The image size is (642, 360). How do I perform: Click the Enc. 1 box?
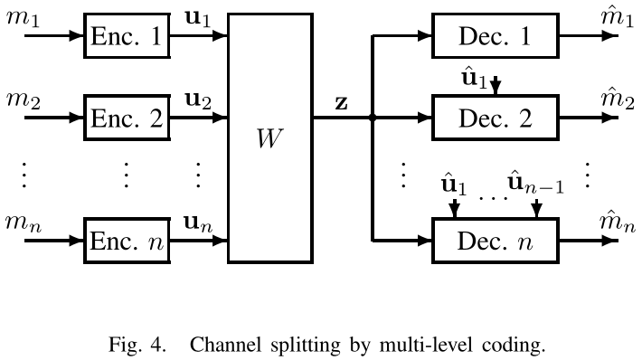127,37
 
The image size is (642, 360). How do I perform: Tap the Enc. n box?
127,241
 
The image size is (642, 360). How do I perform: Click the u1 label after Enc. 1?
198,19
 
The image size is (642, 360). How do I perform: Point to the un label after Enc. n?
198,223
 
